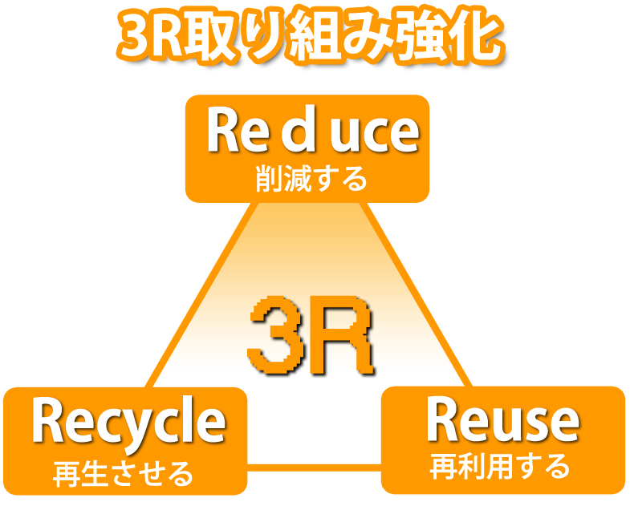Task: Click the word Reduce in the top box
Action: pyautogui.click(x=312, y=133)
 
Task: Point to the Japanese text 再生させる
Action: pyautogui.click(x=124, y=473)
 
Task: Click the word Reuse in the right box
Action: pyautogui.click(x=502, y=420)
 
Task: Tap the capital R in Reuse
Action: pyautogui.click(x=442, y=420)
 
